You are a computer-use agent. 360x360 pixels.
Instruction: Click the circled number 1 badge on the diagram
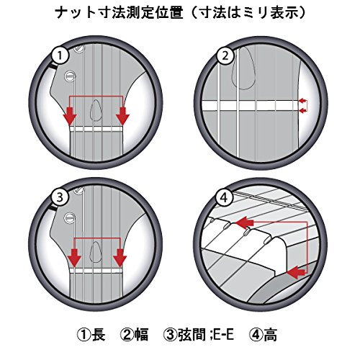pos(60,55)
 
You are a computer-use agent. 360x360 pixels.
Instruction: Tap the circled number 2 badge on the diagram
pos(225,55)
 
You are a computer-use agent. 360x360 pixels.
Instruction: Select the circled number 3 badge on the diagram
pos(60,197)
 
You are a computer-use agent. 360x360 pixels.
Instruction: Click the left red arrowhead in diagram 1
pos(70,116)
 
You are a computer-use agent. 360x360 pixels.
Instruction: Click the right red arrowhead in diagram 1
pos(122,116)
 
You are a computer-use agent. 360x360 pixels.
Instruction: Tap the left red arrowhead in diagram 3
pos(75,258)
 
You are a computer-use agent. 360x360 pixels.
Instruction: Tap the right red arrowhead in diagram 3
pos(120,258)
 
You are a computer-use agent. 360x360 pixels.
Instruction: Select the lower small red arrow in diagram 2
pos(302,110)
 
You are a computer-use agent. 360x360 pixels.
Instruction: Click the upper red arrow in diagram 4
pos(246,222)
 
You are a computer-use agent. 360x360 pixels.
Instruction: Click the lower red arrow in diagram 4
pos(296,272)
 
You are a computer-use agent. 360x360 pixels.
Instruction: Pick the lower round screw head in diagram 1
pos(70,76)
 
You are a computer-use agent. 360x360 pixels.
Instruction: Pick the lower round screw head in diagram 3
pos(70,217)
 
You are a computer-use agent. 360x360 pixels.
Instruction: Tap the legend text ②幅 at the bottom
pos(135,334)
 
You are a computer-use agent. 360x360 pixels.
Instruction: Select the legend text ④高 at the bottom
pos(263,334)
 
